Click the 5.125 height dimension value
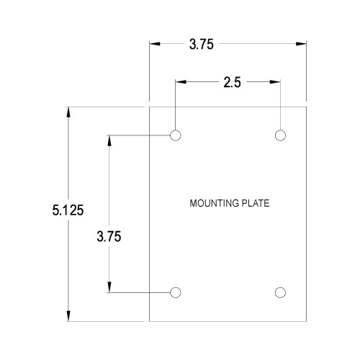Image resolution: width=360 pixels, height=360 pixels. click(68, 210)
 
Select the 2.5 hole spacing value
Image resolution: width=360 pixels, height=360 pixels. click(232, 82)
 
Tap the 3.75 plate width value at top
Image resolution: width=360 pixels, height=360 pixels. click(201, 45)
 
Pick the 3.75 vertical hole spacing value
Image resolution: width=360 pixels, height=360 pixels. click(109, 236)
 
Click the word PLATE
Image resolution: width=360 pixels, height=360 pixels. click(256, 203)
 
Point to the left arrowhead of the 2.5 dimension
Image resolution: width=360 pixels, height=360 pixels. click(181, 82)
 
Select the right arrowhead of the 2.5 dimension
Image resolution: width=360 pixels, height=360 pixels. click(275, 82)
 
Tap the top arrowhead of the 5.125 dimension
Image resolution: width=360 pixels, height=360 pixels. click(68, 112)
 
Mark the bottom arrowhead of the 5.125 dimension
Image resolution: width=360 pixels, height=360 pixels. click(68, 315)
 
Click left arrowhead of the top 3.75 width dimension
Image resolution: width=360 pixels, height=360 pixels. click(155, 44)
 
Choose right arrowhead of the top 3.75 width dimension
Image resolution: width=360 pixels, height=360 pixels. click(301, 44)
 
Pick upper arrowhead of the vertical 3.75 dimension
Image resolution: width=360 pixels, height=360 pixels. click(109, 141)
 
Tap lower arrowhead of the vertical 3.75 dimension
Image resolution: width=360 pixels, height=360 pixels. click(109, 287)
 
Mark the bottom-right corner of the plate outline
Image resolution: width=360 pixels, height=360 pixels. click(306, 321)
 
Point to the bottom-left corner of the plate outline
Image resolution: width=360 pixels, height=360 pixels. click(149, 321)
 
